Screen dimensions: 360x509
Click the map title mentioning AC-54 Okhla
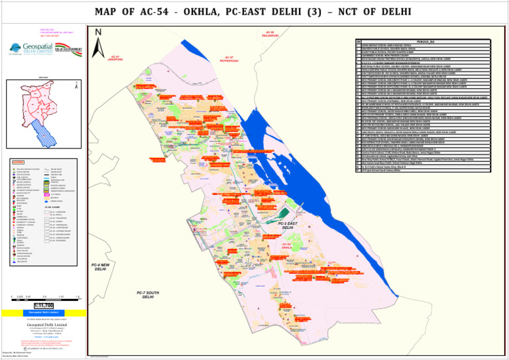click(x=254, y=12)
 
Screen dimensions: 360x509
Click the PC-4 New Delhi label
click(x=100, y=267)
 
